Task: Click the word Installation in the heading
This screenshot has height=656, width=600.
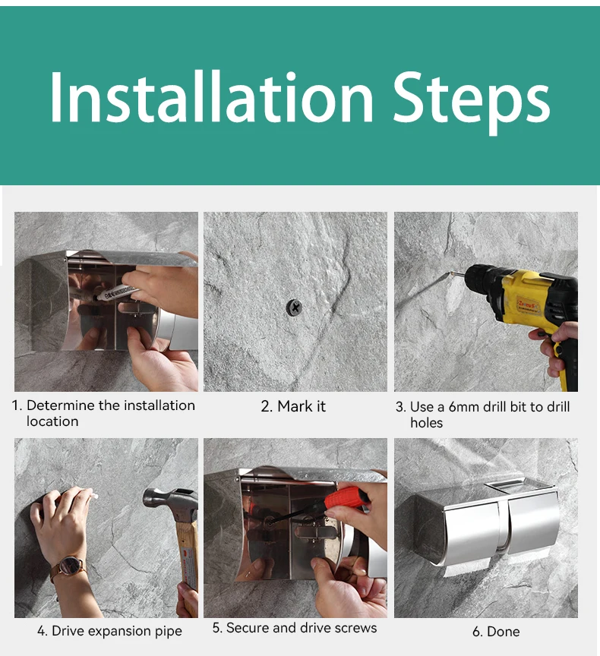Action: click(211, 97)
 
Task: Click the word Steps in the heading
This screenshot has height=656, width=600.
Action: click(472, 102)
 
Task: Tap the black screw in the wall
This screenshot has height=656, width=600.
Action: click(295, 307)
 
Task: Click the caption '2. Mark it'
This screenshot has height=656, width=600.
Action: click(293, 406)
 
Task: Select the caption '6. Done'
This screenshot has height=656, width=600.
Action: click(496, 631)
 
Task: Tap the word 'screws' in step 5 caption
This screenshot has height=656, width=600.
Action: click(355, 628)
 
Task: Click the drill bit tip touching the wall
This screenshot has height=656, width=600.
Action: click(449, 273)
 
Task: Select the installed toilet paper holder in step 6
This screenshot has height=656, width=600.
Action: click(486, 527)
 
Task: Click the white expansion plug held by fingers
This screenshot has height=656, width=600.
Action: click(93, 497)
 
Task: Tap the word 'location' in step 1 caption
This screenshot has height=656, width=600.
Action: click(52, 421)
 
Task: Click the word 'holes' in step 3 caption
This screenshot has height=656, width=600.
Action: click(426, 423)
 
